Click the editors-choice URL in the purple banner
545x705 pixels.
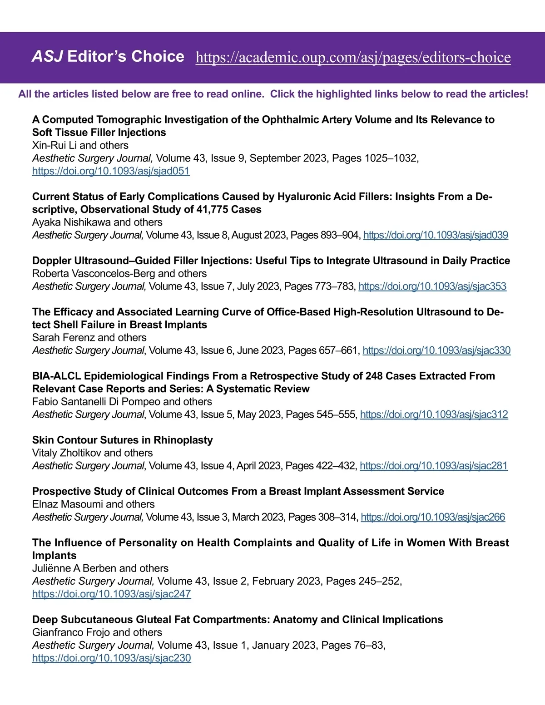click(x=353, y=58)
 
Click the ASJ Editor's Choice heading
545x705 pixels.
click(x=108, y=56)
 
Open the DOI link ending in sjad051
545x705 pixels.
click(x=111, y=171)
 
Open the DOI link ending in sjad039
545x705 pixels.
click(x=435, y=235)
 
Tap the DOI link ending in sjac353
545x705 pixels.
click(x=432, y=286)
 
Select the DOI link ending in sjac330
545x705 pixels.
click(x=436, y=350)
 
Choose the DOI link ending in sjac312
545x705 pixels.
click(x=434, y=414)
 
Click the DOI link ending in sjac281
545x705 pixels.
click(x=433, y=466)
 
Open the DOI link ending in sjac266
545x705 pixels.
click(x=432, y=517)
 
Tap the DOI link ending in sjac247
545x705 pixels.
click(x=111, y=594)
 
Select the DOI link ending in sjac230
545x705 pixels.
click(x=111, y=658)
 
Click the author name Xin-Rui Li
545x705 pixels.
click(x=54, y=145)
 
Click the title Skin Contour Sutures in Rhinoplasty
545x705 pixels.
click(x=122, y=440)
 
